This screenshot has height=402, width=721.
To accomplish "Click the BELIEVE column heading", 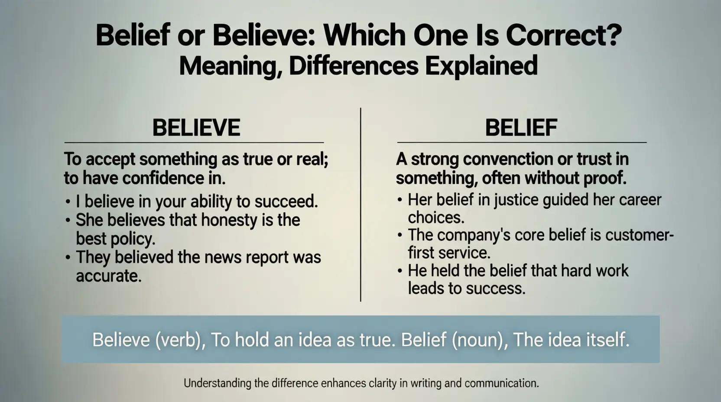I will [196, 127].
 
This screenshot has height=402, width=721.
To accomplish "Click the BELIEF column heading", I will [521, 127].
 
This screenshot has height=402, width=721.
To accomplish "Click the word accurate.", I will [109, 276].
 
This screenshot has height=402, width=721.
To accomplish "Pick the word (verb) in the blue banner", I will [179, 340].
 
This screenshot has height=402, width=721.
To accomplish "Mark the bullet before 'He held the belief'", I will [400, 271].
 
